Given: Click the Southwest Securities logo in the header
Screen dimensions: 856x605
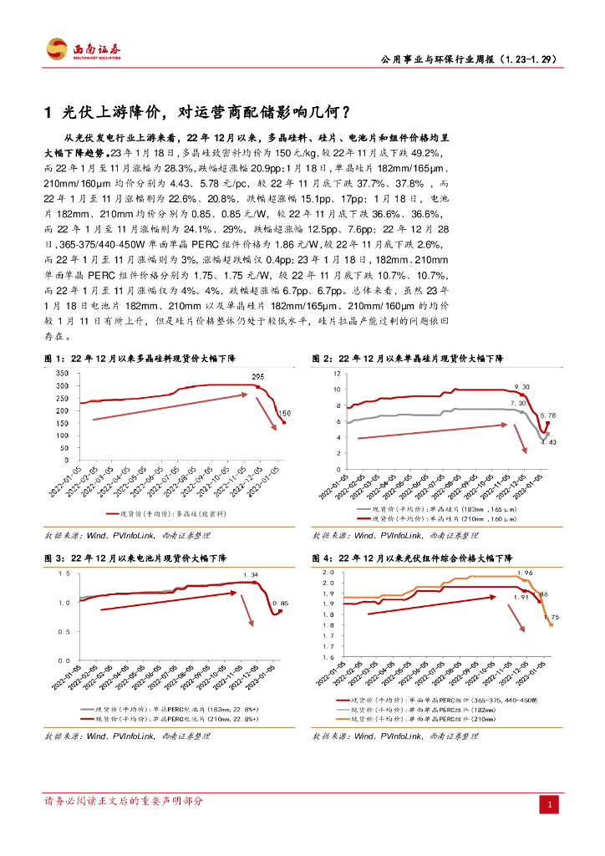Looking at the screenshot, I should point(82,50).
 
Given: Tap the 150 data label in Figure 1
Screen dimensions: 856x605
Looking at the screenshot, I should point(284,414).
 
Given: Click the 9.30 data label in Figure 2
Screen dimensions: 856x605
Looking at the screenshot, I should point(521,386).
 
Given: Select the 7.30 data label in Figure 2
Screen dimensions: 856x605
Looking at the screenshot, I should point(517,404).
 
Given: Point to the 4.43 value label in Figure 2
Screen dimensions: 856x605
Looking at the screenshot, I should point(548,441).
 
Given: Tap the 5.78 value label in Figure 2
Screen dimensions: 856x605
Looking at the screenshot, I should point(548,415).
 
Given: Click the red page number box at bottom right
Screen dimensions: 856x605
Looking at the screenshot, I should point(550,804).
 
